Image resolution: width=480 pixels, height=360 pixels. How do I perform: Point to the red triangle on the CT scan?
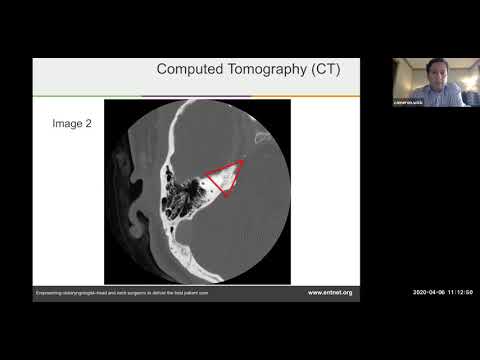pyautogui.click(x=225, y=177)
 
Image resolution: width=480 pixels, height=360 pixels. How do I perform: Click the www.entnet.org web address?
pyautogui.click(x=331, y=292)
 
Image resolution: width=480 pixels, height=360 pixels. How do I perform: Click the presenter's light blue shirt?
pyautogui.click(x=440, y=95)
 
